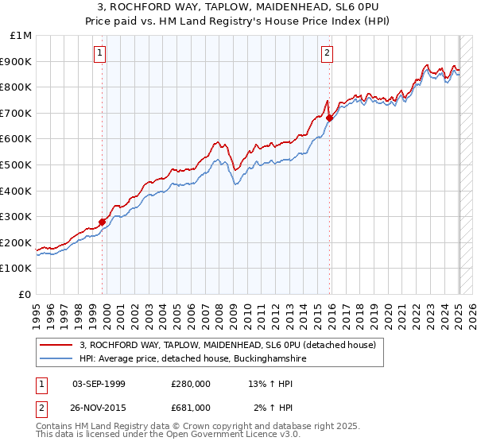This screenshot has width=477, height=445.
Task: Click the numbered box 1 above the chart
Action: coord(100,53)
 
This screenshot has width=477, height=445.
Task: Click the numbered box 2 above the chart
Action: coord(327,53)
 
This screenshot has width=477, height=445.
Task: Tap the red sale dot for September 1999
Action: coord(103,222)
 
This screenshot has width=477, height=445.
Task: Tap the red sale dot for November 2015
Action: coord(329,118)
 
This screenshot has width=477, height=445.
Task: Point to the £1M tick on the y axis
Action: coord(21,36)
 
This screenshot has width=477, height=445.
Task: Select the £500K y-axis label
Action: coord(17,165)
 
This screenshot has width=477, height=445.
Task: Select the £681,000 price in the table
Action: coord(190,408)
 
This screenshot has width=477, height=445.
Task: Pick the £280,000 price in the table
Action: coord(190,385)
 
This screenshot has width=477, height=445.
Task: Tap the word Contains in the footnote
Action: coord(56,427)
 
